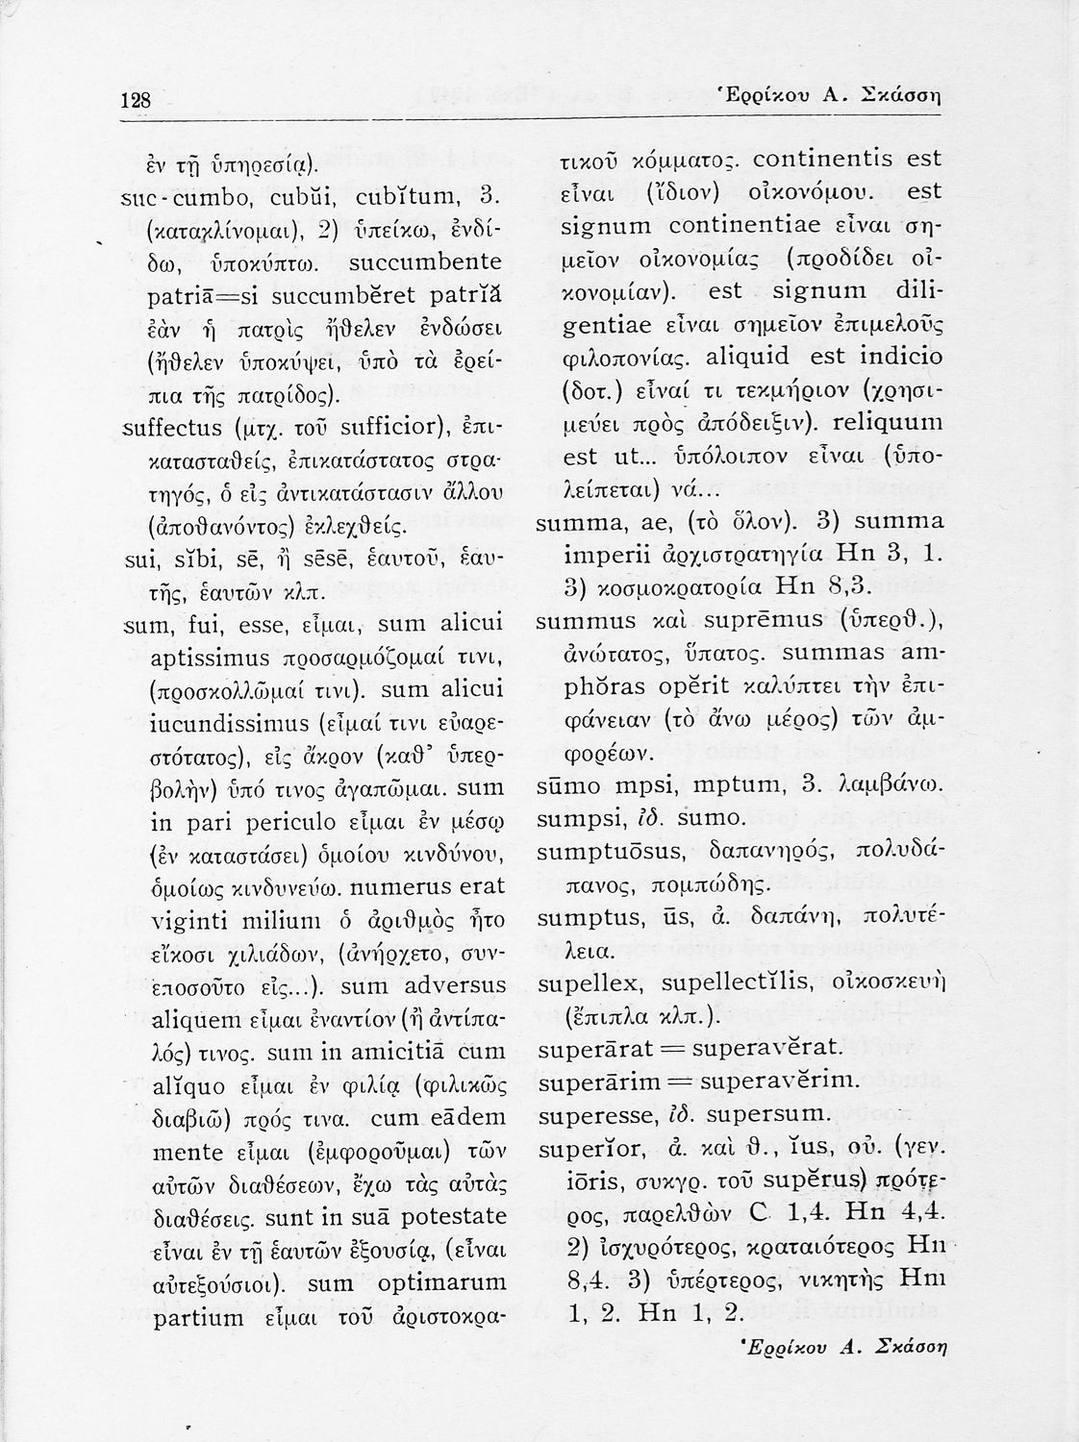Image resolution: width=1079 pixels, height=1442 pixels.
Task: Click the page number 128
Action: tap(138, 100)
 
